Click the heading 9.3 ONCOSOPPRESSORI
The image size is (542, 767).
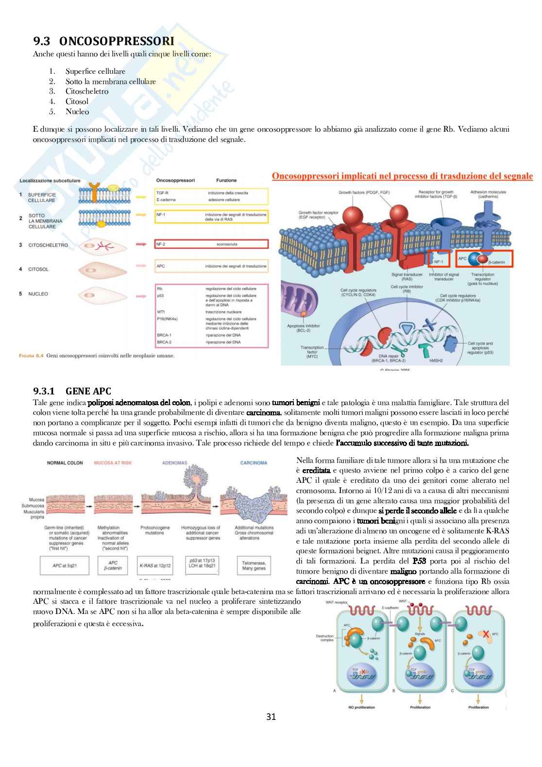(103, 41)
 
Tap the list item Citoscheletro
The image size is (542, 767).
(87, 91)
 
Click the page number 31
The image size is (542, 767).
(271, 716)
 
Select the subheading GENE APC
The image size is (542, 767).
(88, 391)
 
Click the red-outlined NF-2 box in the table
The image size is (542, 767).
(211, 244)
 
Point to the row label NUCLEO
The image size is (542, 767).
(38, 294)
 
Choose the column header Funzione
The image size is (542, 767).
(226, 180)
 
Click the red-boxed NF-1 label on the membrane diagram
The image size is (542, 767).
(439, 261)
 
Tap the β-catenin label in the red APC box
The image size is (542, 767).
(496, 262)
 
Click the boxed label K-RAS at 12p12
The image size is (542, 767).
(155, 566)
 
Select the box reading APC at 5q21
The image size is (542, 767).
(65, 566)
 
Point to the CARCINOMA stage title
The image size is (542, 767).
(254, 463)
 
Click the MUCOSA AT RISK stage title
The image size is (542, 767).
(113, 463)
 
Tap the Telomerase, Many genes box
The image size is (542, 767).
(254, 566)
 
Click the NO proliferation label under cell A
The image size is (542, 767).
(361, 707)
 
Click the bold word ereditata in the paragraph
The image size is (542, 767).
(316, 471)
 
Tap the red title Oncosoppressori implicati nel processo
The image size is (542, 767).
(402, 176)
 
